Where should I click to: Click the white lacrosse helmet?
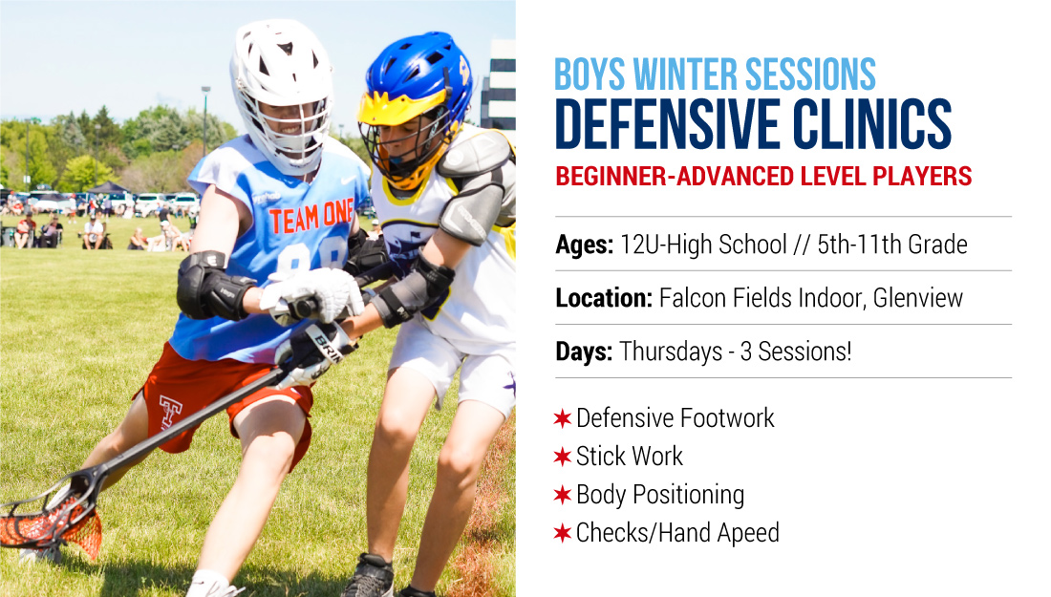tap(282, 94)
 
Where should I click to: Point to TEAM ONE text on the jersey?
tap(311, 217)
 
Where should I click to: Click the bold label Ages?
tap(584, 245)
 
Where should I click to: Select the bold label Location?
tap(604, 298)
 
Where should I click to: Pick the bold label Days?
tap(584, 352)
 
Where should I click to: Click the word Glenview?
tap(917, 298)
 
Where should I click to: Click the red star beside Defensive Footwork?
tap(563, 418)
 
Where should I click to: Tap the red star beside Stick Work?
tap(563, 457)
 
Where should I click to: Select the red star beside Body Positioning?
tap(563, 495)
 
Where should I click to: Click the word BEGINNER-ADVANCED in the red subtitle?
tap(675, 176)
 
